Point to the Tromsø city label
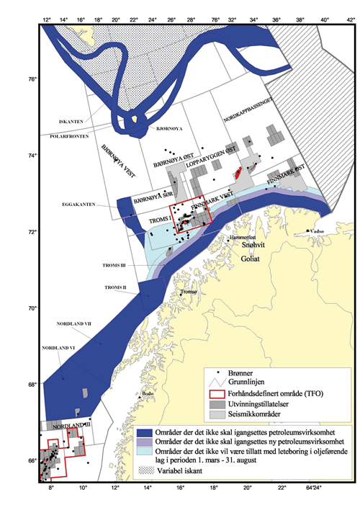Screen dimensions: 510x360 [x=189, y=292]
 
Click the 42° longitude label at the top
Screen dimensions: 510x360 [x=351, y=21]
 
